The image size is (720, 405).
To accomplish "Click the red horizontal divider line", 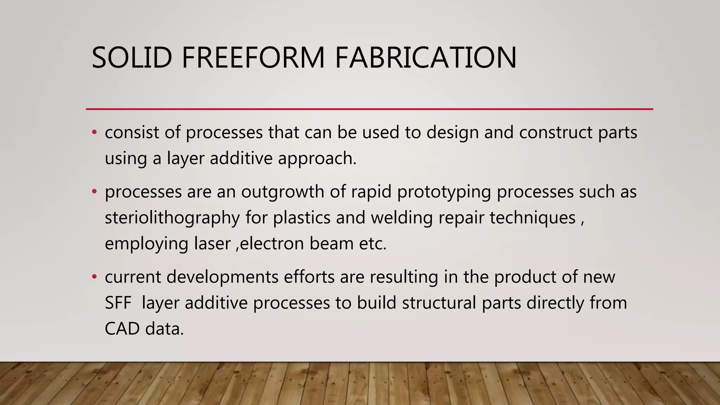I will click(x=369, y=109).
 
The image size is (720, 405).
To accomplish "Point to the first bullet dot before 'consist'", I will click(x=94, y=133).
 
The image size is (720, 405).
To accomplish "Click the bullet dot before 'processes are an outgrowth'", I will click(x=94, y=192).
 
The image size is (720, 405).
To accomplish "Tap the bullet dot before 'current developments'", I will click(x=94, y=277).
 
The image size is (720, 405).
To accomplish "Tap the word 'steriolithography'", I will click(x=172, y=218).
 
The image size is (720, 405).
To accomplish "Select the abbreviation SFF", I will click(x=118, y=303).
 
